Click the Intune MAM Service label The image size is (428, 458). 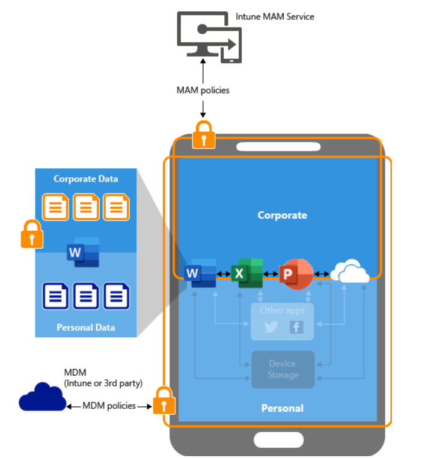(x=274, y=16)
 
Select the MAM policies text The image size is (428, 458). (x=203, y=90)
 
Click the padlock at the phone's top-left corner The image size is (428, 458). (x=204, y=135)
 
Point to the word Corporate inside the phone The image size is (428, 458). (x=282, y=215)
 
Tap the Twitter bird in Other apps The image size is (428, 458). (x=271, y=327)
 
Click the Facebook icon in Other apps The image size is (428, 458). (x=296, y=327)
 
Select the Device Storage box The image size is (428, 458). (x=283, y=370)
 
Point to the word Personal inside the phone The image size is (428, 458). (x=282, y=408)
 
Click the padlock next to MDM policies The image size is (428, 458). (x=164, y=400)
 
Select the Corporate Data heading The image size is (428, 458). (x=85, y=179)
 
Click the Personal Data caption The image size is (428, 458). (x=85, y=328)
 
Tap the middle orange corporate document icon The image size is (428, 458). (x=86, y=207)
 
